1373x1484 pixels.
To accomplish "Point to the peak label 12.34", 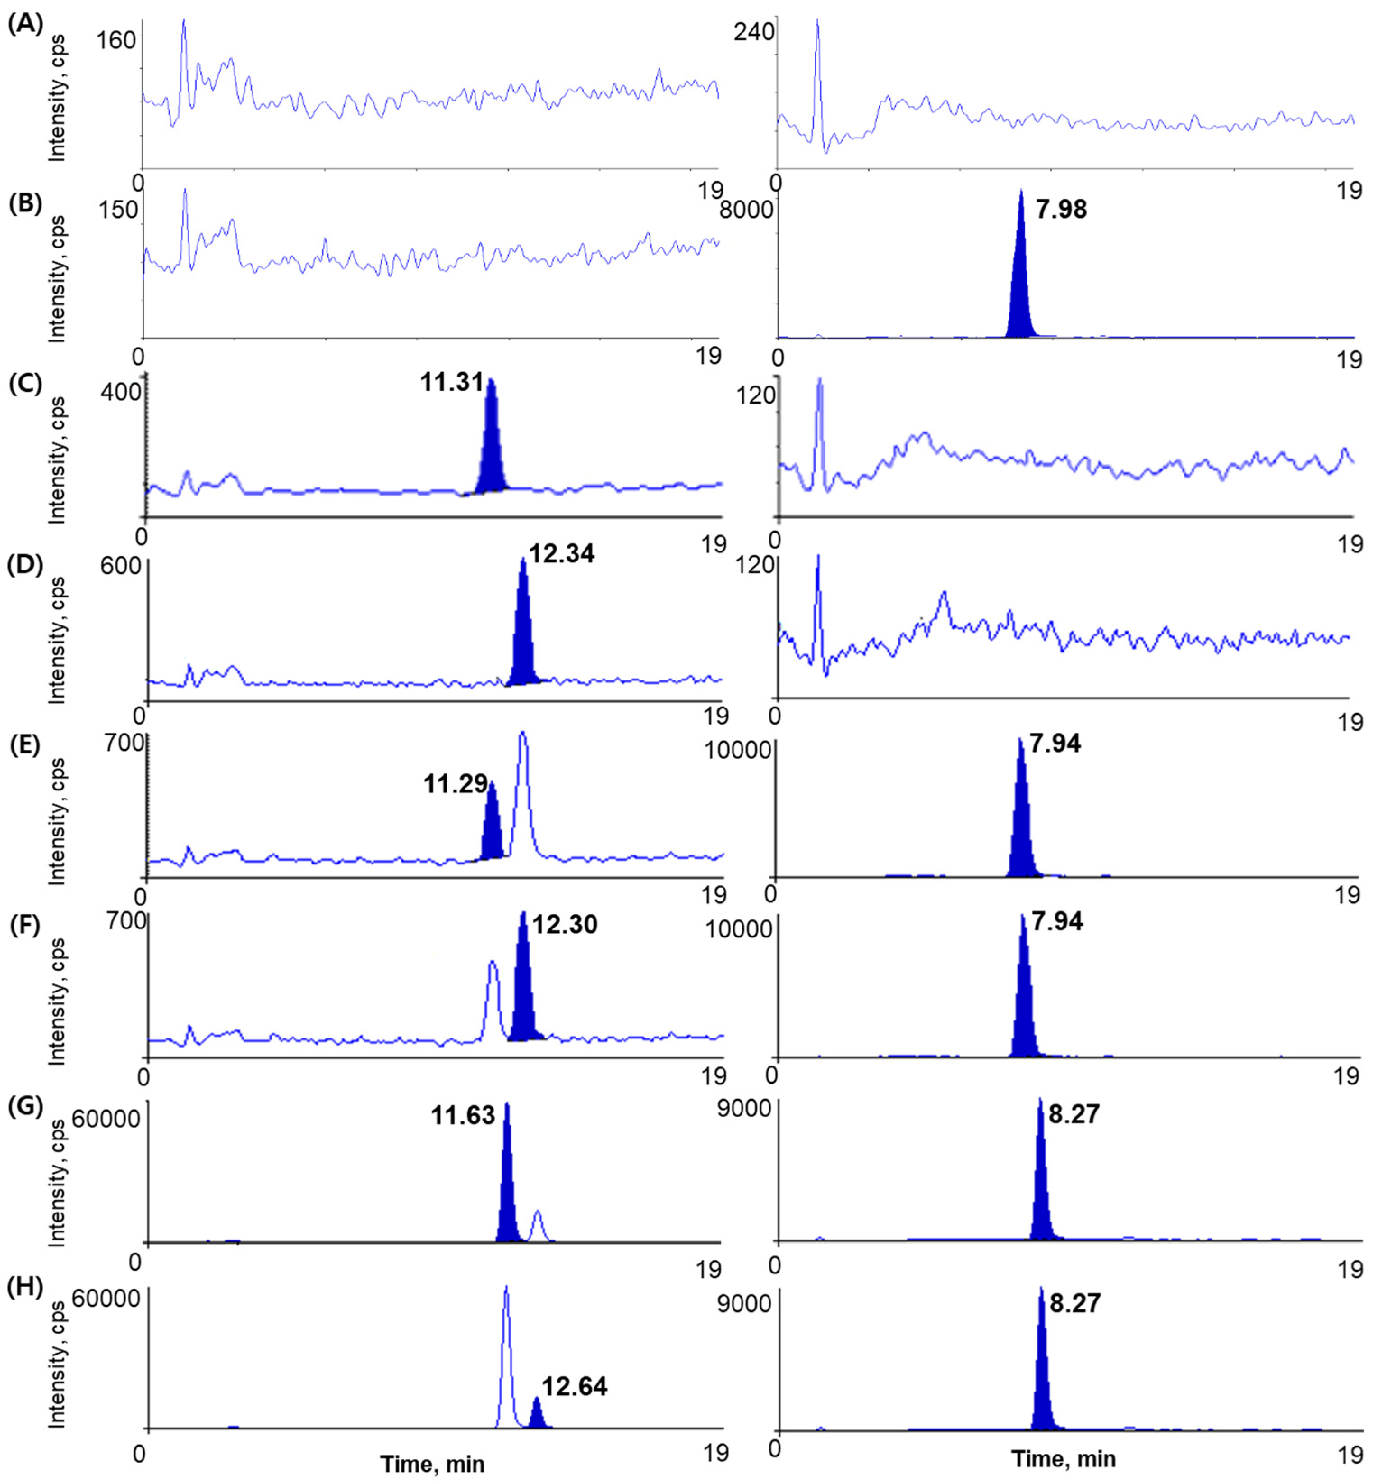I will coord(562,554).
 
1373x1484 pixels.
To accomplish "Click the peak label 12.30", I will coord(565,925).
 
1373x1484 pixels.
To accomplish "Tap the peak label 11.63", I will coord(463,1116).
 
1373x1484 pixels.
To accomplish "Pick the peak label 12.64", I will coord(574,1387).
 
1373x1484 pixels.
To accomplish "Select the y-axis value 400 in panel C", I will coord(120,391).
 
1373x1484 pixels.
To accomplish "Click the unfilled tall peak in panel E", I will coord(522,787).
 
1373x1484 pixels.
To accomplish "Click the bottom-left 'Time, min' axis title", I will coord(433,1464).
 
